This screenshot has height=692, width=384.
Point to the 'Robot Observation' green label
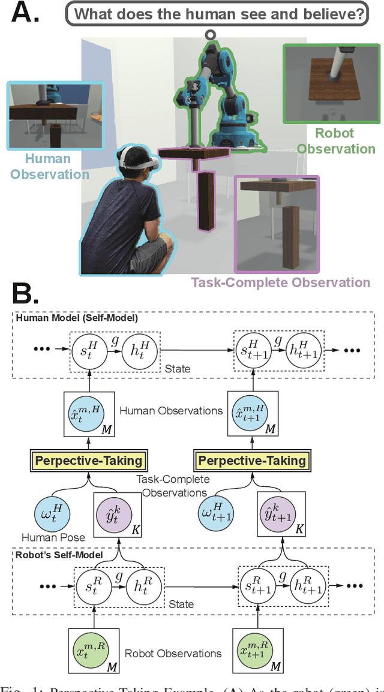tap(336, 141)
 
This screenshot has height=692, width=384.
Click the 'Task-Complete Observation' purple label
tap(280, 281)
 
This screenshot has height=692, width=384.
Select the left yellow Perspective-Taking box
tap(89, 461)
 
